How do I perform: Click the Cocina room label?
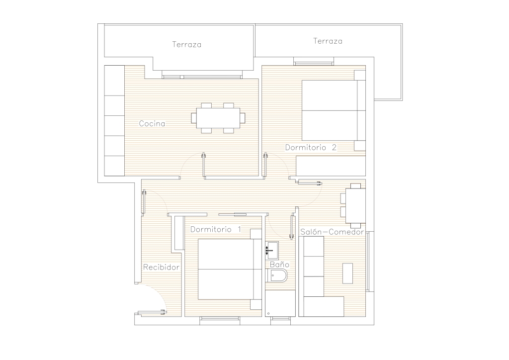point(152,124)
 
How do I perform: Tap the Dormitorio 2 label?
point(311,147)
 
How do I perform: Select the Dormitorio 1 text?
point(216,230)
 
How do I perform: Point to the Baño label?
point(279,265)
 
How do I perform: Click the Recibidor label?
point(162,267)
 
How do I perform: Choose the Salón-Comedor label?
point(332,232)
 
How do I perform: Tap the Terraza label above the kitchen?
point(187,44)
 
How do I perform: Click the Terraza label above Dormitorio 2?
point(328,41)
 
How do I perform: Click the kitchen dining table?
point(218,118)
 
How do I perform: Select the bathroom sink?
point(272,250)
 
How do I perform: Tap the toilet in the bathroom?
point(277,275)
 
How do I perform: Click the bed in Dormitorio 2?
point(334,110)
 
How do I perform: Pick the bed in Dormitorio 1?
point(230,269)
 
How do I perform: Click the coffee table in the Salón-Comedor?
point(347,273)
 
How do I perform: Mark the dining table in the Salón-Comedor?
point(355,206)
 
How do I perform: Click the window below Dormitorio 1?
point(220,321)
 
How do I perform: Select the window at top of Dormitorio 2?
point(314,61)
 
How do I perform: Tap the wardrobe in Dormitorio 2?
point(331,166)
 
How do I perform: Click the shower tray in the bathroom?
point(280,303)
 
